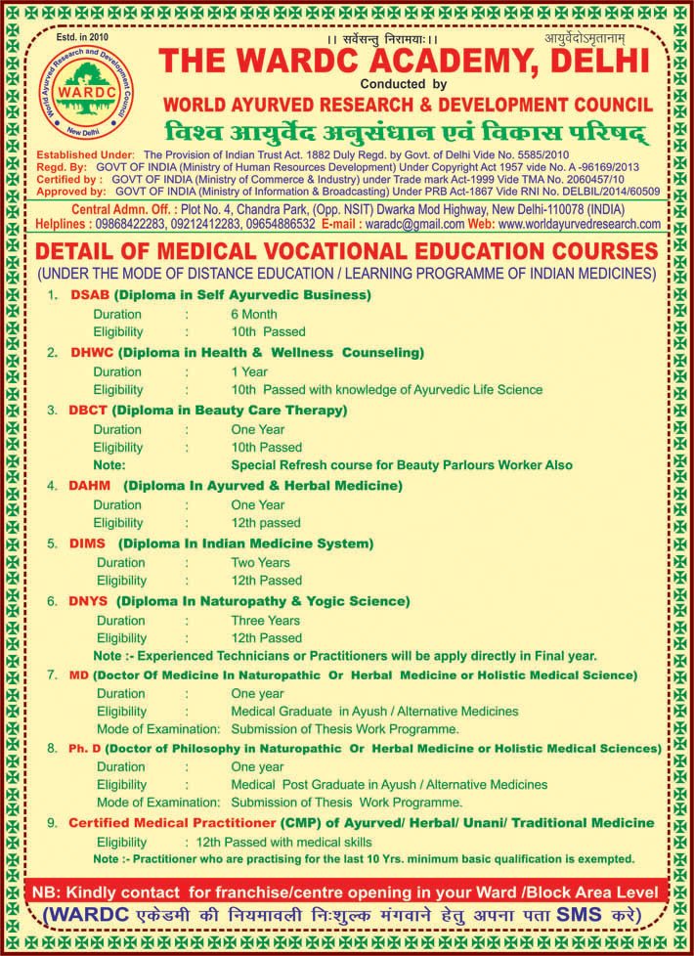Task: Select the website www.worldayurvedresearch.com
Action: pos(579,224)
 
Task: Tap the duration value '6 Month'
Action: pos(254,315)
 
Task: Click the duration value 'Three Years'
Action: pos(265,620)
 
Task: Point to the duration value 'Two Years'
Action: pos(260,562)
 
